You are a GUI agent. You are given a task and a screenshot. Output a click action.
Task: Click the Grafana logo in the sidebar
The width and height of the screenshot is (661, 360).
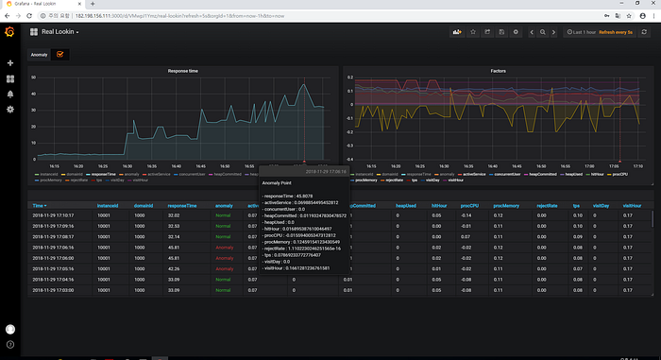point(10,32)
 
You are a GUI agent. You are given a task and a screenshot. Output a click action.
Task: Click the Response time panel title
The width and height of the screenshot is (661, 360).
point(182,71)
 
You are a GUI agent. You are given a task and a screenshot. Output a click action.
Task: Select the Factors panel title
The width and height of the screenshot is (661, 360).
point(498,71)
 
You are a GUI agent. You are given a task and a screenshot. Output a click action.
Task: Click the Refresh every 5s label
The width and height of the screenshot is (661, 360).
point(619,32)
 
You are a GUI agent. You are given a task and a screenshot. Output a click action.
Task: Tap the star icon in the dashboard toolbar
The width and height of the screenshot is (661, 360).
point(472,32)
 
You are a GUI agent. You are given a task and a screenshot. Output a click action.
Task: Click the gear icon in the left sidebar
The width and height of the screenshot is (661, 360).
point(10,109)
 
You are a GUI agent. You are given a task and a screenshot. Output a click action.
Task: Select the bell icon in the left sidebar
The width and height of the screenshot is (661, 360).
point(10,94)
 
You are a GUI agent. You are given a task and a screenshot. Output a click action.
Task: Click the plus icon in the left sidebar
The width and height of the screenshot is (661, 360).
point(10,63)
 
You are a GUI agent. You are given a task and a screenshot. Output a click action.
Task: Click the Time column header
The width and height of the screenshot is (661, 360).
point(39,205)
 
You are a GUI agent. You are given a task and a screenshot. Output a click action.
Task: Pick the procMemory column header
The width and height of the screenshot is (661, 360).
point(507,205)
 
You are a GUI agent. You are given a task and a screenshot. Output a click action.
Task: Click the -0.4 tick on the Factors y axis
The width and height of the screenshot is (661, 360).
point(348,160)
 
